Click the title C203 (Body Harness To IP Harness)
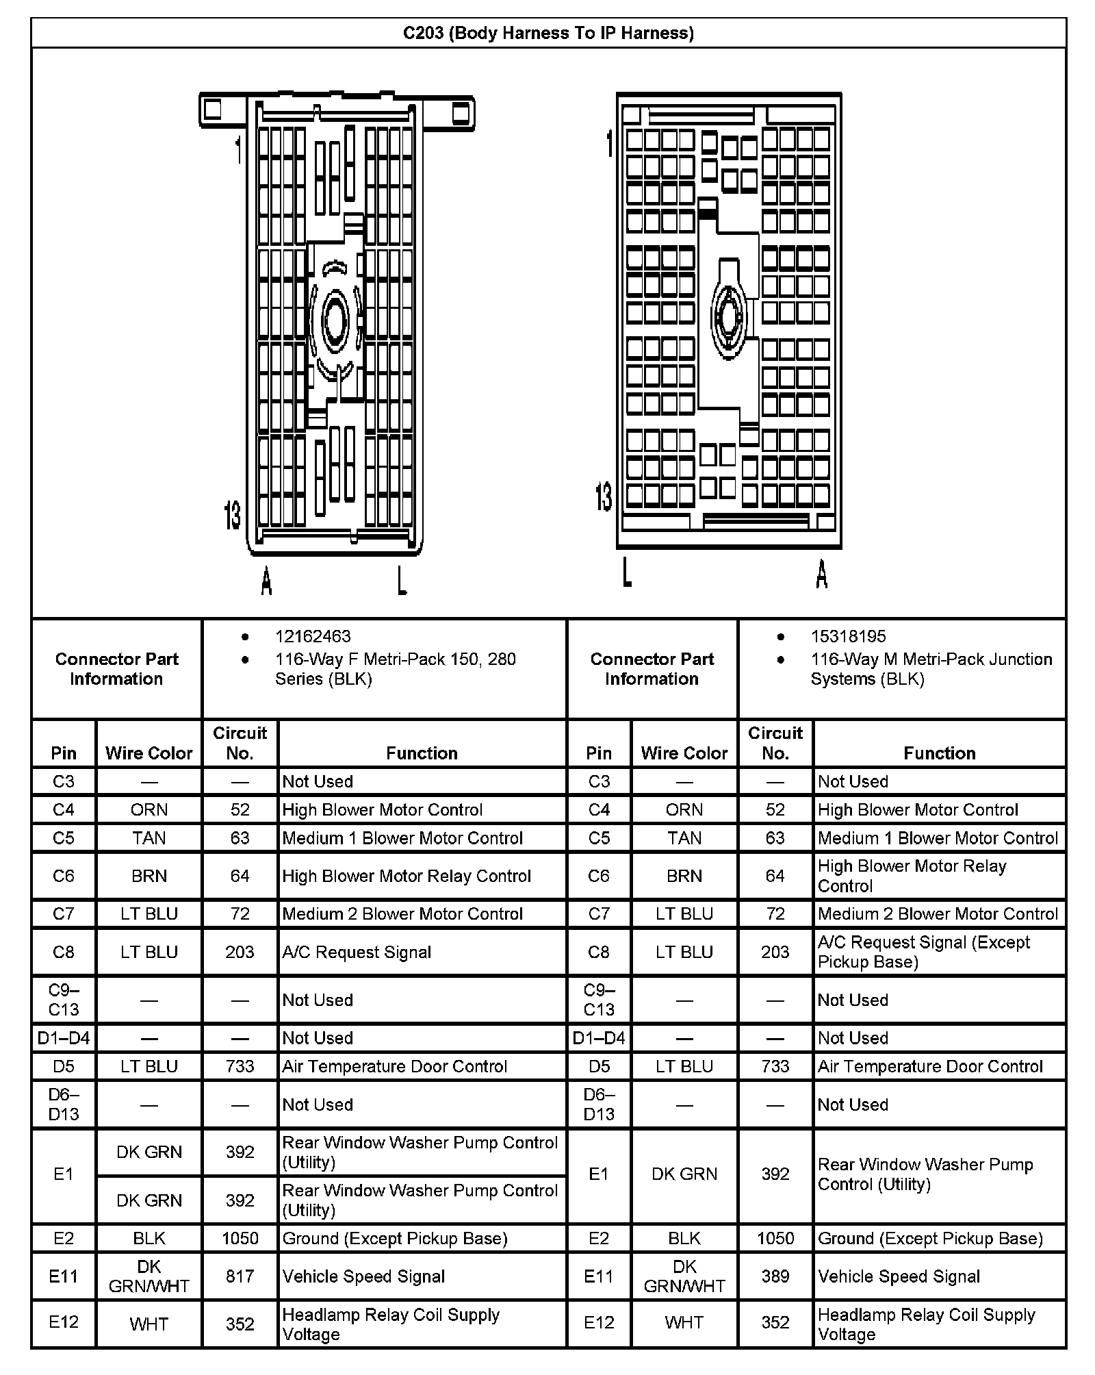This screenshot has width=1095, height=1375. [548, 33]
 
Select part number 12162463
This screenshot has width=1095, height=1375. [313, 636]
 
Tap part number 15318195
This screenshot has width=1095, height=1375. [848, 636]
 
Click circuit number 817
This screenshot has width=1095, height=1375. [240, 1276]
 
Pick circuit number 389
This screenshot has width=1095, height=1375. [775, 1276]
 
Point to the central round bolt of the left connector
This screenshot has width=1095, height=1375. [336, 319]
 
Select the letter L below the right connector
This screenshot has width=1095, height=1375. [626, 572]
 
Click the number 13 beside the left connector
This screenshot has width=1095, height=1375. [233, 514]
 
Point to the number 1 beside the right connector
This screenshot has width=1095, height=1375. [609, 142]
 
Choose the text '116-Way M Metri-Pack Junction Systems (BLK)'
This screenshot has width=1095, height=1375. [931, 669]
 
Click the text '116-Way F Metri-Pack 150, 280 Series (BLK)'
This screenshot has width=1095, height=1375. [395, 669]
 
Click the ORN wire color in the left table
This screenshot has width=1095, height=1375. [149, 809]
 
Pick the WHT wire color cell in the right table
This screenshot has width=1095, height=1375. [684, 1324]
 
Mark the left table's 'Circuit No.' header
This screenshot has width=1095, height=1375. [240, 743]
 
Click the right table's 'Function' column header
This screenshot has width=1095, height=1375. [939, 753]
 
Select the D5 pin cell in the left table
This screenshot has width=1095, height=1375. [63, 1066]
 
